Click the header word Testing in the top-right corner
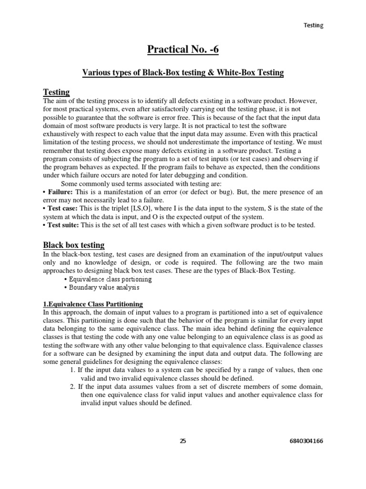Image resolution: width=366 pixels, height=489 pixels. pyautogui.click(x=313, y=25)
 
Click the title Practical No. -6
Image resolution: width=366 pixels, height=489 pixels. pyautogui.click(x=183, y=49)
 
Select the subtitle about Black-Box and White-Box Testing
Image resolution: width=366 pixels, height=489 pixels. pyautogui.click(x=183, y=73)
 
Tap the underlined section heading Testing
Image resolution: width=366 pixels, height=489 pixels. pyautogui.click(x=56, y=92)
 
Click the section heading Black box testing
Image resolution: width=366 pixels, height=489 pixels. pyautogui.click(x=74, y=245)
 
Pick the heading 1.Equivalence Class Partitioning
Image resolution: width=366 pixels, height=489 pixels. pyautogui.click(x=92, y=304)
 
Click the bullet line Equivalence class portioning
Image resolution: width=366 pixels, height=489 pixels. pyautogui.click(x=110, y=279)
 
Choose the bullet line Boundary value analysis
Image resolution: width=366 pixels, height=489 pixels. pyautogui.click(x=104, y=287)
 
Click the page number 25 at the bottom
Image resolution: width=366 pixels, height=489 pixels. pyautogui.click(x=183, y=441)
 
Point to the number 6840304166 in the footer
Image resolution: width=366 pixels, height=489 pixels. pyautogui.click(x=306, y=441)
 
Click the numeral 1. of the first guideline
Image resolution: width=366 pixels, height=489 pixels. pyautogui.click(x=72, y=369)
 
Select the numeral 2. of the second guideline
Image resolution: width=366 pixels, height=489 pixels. pyautogui.click(x=72, y=386)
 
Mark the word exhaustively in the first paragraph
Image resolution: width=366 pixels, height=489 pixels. pyautogui.click(x=62, y=134)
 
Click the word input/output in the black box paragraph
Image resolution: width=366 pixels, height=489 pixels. pyautogui.click(x=258, y=254)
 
